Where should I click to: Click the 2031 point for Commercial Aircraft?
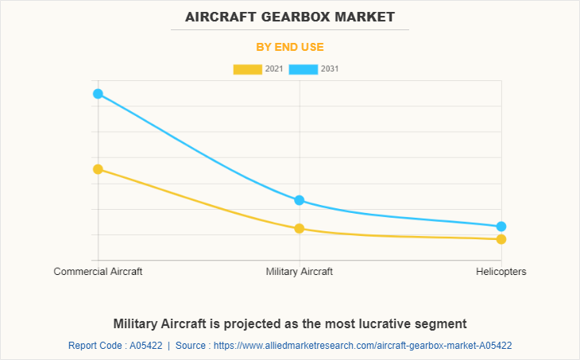coord(98,94)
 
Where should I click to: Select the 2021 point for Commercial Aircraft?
coord(98,169)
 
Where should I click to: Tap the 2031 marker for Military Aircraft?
coord(300,200)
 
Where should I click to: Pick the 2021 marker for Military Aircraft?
coord(300,229)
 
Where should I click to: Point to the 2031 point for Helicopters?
coord(501,226)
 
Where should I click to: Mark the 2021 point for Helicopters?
coord(501,239)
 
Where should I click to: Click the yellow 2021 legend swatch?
coord(247,69)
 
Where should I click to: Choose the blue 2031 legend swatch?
coord(304,69)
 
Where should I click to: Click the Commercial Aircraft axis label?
coord(98,272)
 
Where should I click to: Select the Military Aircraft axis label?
coord(300,272)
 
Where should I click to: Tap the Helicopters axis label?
coord(501,272)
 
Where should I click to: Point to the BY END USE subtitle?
coord(290,47)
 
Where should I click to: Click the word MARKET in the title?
coord(366,17)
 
